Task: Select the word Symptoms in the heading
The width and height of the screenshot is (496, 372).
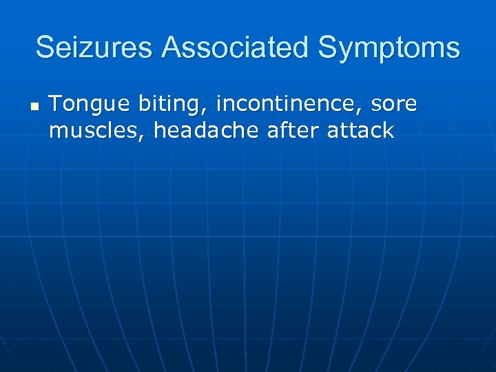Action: tap(389, 48)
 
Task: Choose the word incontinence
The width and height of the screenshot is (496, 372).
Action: tap(291, 104)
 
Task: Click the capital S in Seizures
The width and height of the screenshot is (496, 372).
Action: tap(45, 48)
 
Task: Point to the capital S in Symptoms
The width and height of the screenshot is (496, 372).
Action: tap(327, 48)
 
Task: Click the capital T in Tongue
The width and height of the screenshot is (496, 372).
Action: tap(56, 104)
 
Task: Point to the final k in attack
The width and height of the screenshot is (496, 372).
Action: tap(388, 130)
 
